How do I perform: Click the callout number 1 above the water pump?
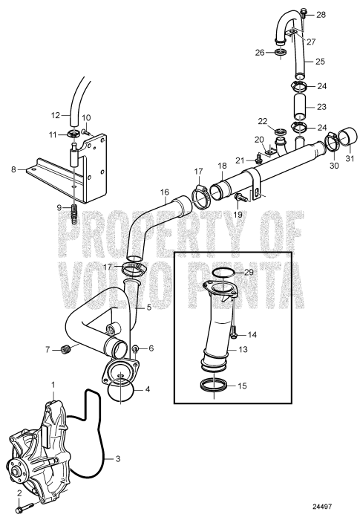[x=53, y=384]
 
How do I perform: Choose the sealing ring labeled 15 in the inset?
[x=213, y=385]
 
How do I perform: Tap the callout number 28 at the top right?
[x=321, y=15]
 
